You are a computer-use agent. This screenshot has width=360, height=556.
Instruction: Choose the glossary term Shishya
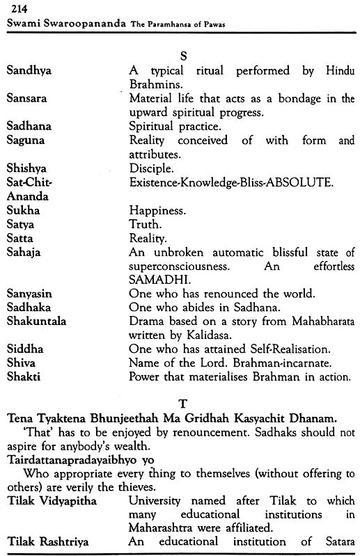tap(27, 169)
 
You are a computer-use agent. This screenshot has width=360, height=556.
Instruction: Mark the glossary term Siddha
tap(24, 349)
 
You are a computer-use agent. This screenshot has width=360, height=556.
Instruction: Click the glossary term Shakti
tap(24, 377)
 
